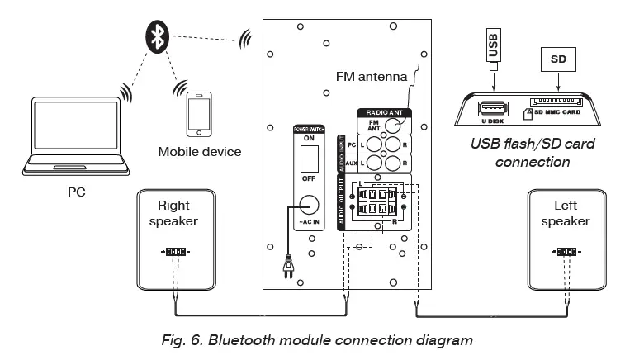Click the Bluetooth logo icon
point(159,35)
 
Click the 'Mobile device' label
point(200,151)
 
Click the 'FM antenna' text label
point(372,77)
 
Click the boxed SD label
point(557,59)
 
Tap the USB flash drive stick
point(494,47)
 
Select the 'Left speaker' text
point(566,214)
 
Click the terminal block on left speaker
point(566,251)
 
